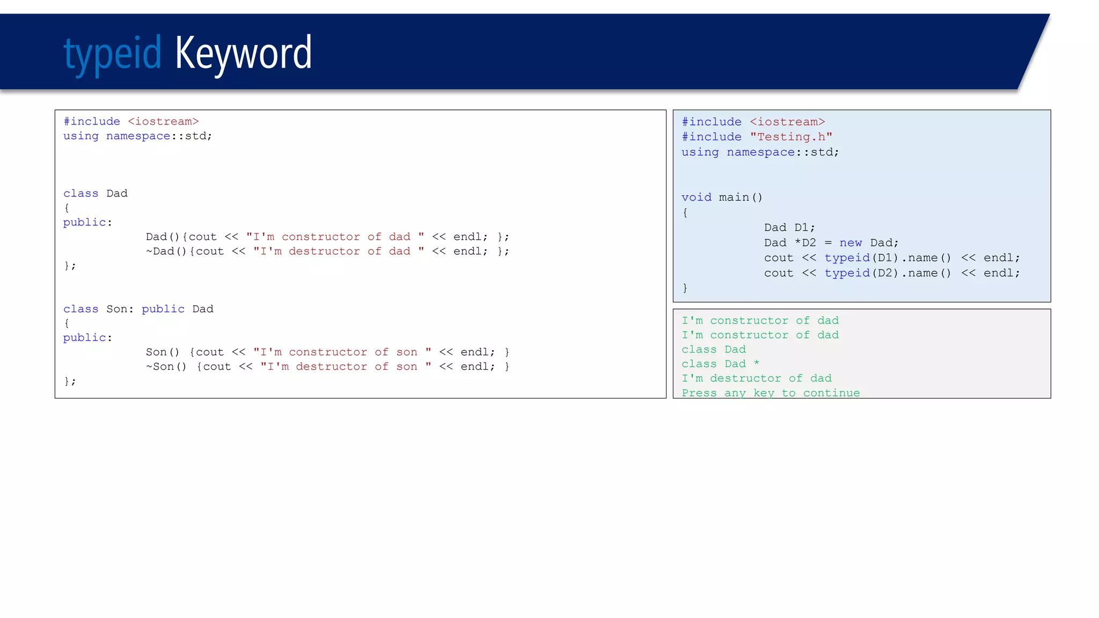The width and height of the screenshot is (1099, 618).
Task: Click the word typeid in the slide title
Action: tap(112, 54)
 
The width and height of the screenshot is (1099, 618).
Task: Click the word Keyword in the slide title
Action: tap(243, 53)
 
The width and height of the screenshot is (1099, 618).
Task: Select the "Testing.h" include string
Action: tap(791, 137)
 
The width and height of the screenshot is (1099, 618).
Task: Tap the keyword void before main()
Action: tap(697, 197)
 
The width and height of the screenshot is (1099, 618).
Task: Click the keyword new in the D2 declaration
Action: tap(851, 243)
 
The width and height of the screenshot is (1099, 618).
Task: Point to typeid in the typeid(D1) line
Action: tap(847, 258)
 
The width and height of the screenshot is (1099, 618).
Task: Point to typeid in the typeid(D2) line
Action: tap(847, 273)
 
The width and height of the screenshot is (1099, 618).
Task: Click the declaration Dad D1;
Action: tap(789, 227)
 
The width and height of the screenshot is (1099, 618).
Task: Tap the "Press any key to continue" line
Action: tap(771, 393)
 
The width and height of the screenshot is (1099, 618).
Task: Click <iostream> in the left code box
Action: tap(163, 122)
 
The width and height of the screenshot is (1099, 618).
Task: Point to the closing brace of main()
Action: tap(685, 289)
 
